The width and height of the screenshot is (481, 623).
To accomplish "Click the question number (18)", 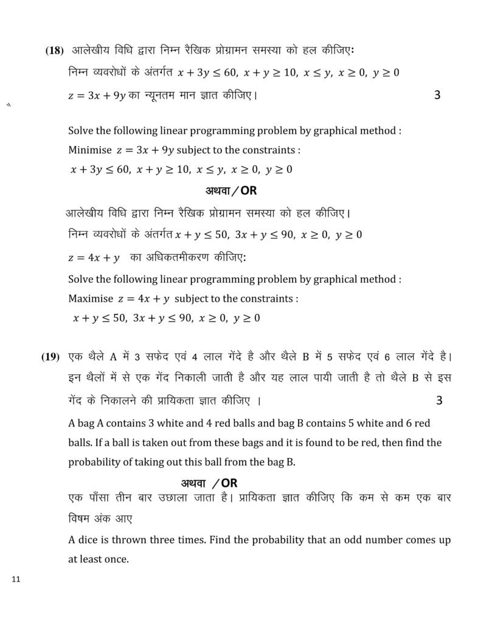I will click(x=54, y=50).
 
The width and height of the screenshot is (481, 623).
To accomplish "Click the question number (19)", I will click(x=50, y=357).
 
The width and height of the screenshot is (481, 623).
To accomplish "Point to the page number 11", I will click(x=16, y=579).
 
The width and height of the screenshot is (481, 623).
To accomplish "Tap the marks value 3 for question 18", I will click(x=438, y=95).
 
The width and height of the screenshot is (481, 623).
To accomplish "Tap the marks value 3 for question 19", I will click(x=440, y=400).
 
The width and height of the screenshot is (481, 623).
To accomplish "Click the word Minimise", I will click(x=89, y=150).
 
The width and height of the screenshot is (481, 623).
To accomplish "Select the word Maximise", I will click(x=90, y=299).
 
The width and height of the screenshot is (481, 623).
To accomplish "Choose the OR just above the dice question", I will click(x=229, y=483).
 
